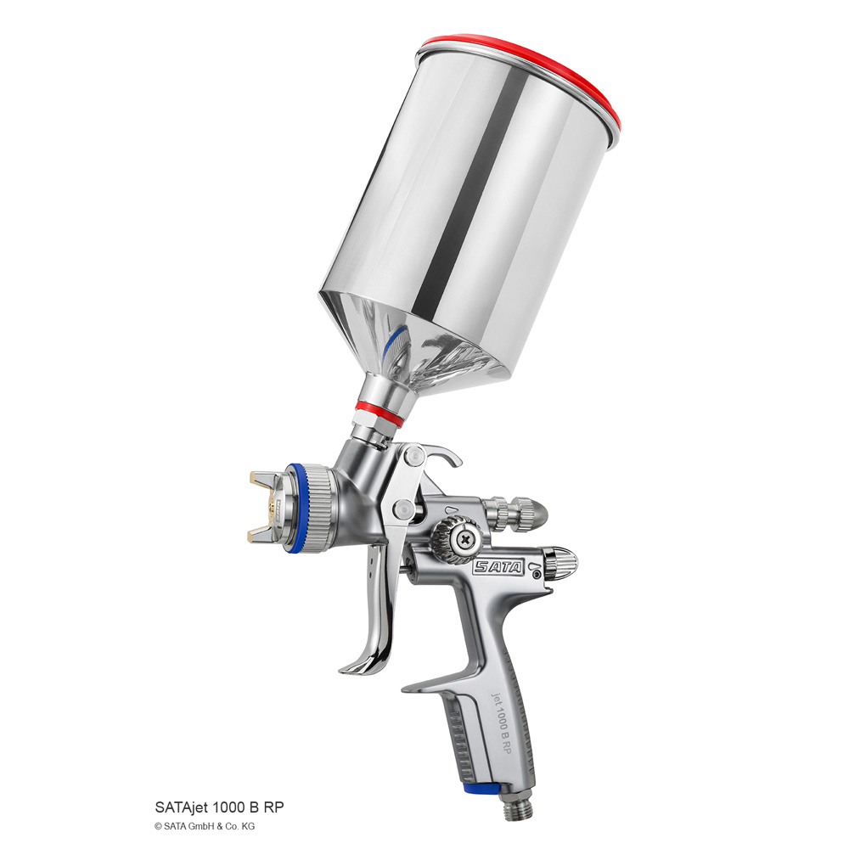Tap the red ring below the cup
click(x=380, y=413)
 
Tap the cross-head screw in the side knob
click(x=464, y=539)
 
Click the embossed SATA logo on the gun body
click(x=498, y=567)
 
